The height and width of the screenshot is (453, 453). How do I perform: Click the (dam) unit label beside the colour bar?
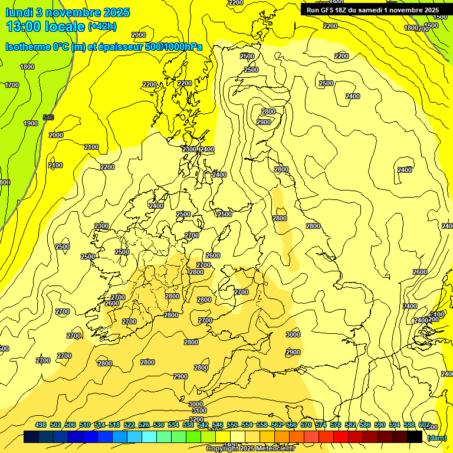point(436,437)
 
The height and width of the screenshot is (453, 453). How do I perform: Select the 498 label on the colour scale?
point(41,425)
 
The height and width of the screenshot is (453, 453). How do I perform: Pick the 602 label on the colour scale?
point(424,425)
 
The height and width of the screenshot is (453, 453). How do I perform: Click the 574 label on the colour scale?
point(321,425)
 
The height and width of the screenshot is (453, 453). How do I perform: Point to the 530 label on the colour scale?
point(159,425)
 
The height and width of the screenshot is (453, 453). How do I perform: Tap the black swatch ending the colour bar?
point(415,437)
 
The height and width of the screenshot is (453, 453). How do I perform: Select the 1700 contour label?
point(12,85)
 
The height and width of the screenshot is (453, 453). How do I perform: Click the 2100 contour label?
point(91,147)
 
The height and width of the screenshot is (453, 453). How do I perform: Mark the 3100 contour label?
point(199,411)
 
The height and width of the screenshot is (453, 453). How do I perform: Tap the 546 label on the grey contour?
point(48,117)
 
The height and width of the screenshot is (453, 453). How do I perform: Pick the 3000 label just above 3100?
point(196,404)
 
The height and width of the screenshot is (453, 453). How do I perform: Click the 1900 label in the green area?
point(31,123)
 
